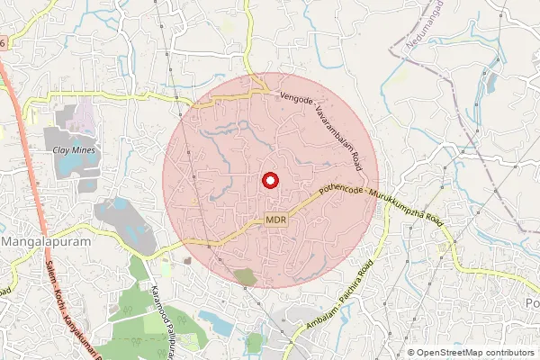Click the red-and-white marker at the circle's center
coord(269,180)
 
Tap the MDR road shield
coord(276,220)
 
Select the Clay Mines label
coord(74,149)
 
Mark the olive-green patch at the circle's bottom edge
coord(245,277)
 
